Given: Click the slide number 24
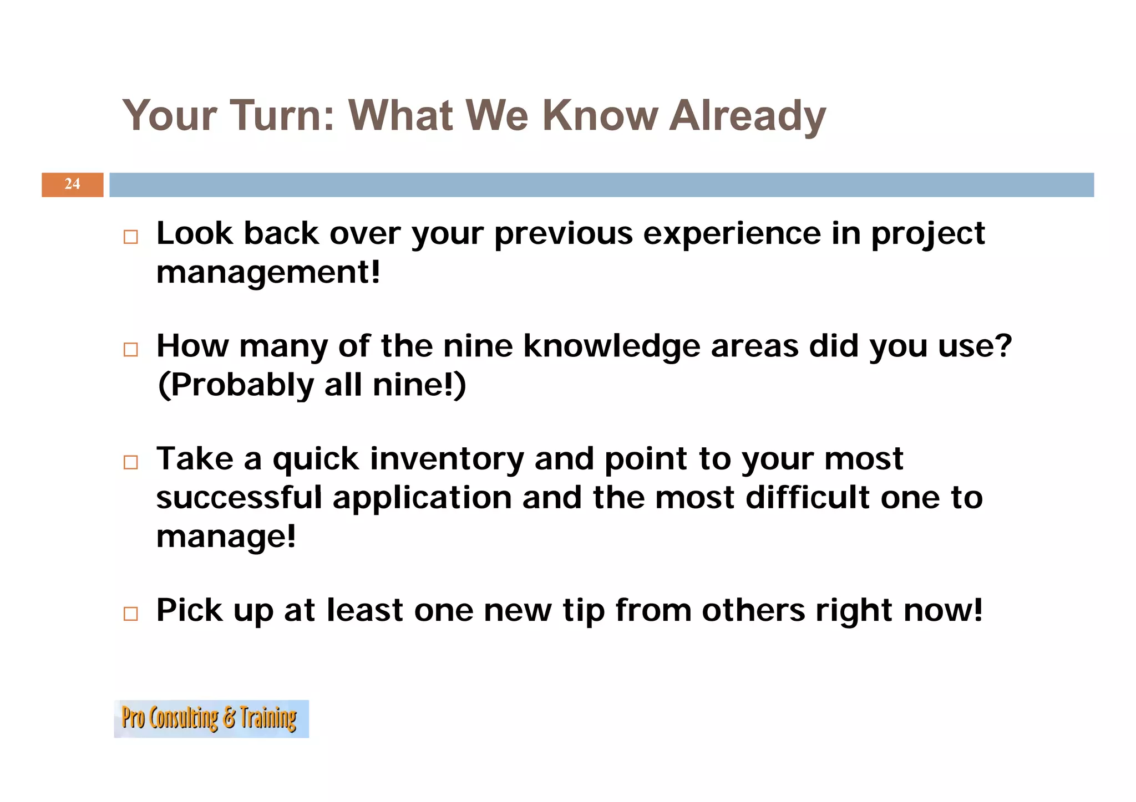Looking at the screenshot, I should [72, 184].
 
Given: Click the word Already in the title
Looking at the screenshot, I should [747, 116].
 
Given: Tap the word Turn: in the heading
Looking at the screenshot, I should [282, 116].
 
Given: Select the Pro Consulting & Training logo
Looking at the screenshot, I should [211, 718].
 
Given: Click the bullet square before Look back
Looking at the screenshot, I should [131, 237].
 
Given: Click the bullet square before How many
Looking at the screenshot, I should [131, 350].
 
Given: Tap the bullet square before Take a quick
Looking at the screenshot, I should [131, 462].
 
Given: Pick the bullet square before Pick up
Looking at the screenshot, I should [131, 614].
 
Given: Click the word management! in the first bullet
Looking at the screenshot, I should [268, 273].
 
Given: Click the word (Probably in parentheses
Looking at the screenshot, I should [236, 385].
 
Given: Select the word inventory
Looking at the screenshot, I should [447, 459].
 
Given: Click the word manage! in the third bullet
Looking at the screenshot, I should [226, 537].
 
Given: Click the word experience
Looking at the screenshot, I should [732, 233].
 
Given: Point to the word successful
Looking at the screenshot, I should [239, 497].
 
